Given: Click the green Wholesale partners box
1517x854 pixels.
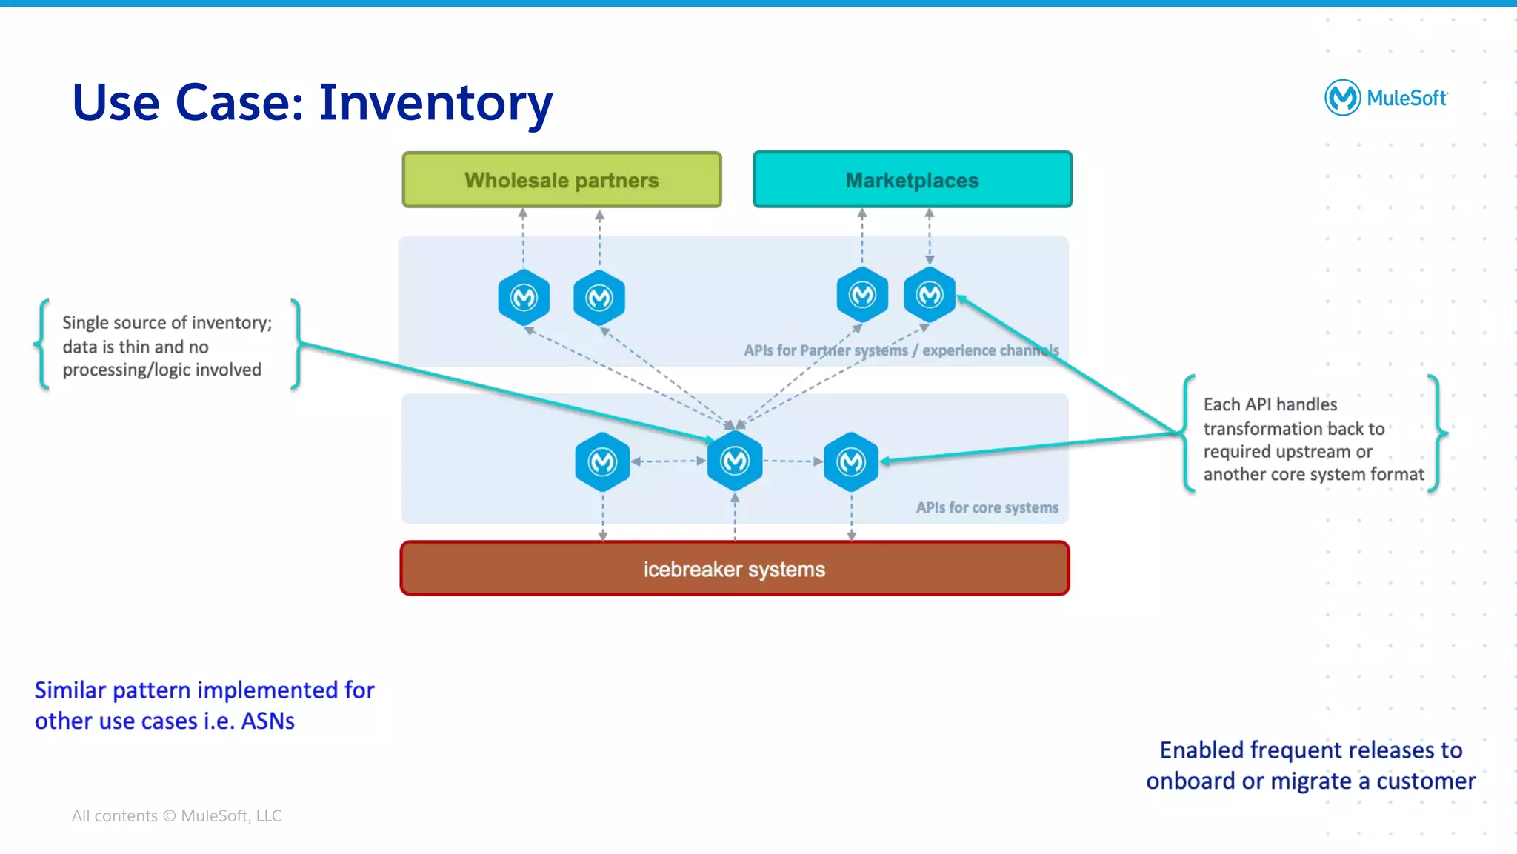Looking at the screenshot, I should point(561,180).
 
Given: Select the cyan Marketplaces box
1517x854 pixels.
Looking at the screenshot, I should point(912,180).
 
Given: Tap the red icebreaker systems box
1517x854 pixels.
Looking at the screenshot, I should point(734,569).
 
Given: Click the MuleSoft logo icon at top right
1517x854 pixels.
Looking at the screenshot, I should point(1342,98).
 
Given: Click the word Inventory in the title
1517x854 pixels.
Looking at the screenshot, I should point(436,102).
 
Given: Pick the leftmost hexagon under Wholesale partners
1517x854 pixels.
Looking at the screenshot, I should point(524,298).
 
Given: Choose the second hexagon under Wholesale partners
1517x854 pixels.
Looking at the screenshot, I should point(599,298).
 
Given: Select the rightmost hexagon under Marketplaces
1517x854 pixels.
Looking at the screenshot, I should point(930,295).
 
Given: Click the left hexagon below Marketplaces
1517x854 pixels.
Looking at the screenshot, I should point(862,295).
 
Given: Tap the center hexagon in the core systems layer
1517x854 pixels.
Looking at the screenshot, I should point(735,461).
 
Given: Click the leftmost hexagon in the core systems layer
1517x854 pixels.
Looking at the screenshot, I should point(602,461).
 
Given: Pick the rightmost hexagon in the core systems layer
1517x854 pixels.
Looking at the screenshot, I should point(851,461).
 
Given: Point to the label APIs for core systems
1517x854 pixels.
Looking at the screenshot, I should point(987,507).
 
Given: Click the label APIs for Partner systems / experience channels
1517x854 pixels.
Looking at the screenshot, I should point(901,350).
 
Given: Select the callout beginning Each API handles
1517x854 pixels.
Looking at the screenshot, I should point(1313,439).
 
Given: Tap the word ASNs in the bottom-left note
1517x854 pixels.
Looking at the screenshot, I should point(267,721).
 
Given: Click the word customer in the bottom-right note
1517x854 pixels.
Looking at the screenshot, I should point(1425,781).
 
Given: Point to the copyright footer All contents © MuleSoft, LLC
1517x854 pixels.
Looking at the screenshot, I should point(176,815).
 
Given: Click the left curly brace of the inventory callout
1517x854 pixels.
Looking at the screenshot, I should point(43,344).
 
